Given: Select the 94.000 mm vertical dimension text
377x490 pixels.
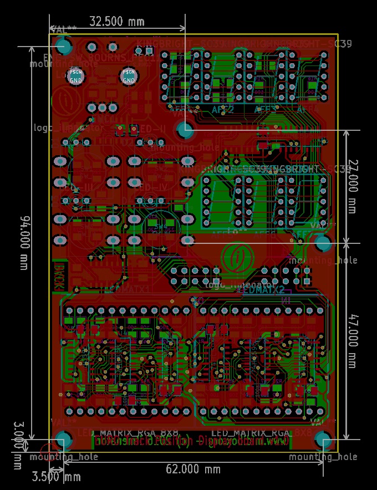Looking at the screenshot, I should coord(23,243).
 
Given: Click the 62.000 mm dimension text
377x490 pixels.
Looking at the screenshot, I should coord(193,469).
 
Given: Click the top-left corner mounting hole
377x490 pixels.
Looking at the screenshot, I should coord(64,47).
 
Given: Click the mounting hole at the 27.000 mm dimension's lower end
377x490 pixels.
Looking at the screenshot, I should coord(323,243).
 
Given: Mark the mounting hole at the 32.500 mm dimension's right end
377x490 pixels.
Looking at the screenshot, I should coord(185,131).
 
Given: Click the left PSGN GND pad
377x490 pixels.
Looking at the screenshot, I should coord(76,76).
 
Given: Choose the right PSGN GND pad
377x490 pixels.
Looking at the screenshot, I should coord(129,76).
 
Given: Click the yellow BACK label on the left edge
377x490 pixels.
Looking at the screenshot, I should coord(59,276).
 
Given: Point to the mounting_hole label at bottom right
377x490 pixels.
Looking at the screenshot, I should coord(323,457).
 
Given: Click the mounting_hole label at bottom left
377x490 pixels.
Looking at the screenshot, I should coord(64,457).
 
